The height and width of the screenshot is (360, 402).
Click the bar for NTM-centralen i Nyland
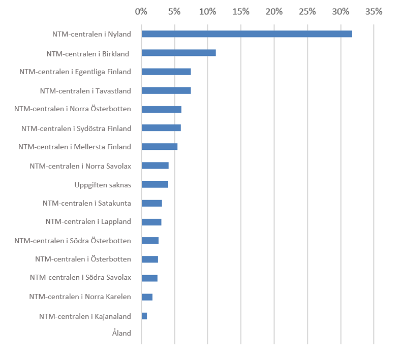(246, 34)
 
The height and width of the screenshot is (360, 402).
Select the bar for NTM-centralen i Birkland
(178, 53)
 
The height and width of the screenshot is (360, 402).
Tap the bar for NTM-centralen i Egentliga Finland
(166, 72)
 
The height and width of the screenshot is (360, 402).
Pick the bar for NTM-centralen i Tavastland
(166, 90)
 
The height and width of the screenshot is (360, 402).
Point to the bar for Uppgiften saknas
(154, 184)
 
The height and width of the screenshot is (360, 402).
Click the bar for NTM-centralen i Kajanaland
(144, 316)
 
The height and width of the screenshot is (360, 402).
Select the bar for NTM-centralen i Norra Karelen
(147, 297)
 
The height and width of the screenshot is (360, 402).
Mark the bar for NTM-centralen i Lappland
(151, 222)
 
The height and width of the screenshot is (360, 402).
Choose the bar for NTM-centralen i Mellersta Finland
(160, 147)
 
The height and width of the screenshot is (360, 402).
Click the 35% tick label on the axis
(374, 11)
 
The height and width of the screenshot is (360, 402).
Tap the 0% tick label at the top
(141, 11)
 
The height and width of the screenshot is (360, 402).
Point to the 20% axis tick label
(274, 11)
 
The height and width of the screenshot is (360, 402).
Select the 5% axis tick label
(174, 11)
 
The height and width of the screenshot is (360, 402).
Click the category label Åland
(121, 334)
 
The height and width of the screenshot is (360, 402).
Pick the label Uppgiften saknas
(103, 184)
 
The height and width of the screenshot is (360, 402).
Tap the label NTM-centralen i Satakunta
(87, 203)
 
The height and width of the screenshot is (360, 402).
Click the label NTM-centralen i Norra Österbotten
(73, 109)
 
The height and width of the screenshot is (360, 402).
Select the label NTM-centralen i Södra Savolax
(80, 278)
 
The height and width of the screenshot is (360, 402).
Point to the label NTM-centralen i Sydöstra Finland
(76, 128)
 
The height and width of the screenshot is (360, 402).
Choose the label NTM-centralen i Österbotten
(83, 259)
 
